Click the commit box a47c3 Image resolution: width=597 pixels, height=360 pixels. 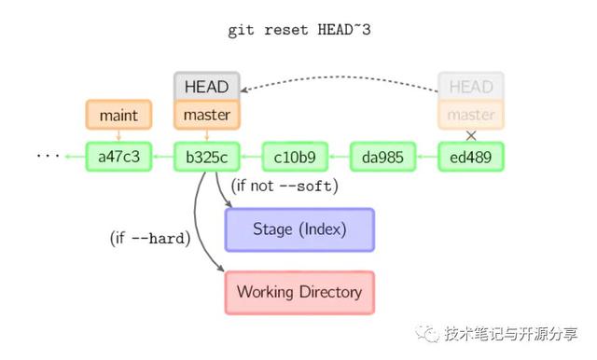pyautogui.click(x=118, y=157)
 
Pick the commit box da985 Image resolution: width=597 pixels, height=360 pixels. pyautogui.click(x=382, y=157)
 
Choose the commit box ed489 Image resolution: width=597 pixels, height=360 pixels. pyautogui.click(x=471, y=157)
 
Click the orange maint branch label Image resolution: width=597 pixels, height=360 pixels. pyautogui.click(x=118, y=115)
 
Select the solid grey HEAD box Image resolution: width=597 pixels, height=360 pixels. pyautogui.click(x=207, y=87)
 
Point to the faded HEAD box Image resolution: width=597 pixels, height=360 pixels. pyautogui.click(x=471, y=87)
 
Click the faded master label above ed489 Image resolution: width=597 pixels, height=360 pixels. pyautogui.click(x=471, y=115)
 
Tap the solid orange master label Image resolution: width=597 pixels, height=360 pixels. pyautogui.click(x=207, y=115)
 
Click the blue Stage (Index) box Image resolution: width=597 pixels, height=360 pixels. pyautogui.click(x=299, y=229)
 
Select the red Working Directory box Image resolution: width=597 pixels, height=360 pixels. pyautogui.click(x=299, y=292)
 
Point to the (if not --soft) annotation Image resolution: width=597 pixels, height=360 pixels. pyautogui.click(x=285, y=187)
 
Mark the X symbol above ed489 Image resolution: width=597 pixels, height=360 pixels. pyautogui.click(x=471, y=135)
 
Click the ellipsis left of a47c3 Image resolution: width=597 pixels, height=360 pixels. pyautogui.click(x=48, y=157)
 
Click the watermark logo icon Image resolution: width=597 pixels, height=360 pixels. pyautogui.click(x=429, y=333)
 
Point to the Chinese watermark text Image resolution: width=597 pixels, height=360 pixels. pyautogui.click(x=510, y=334)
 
